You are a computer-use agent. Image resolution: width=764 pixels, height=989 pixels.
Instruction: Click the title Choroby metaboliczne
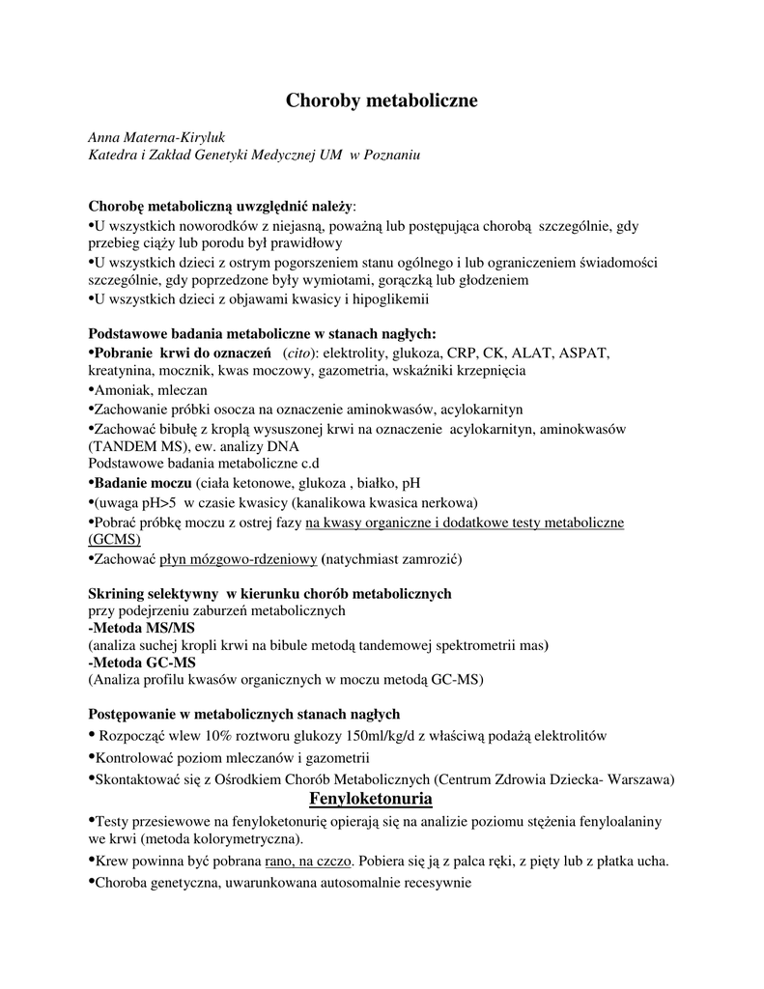point(382,100)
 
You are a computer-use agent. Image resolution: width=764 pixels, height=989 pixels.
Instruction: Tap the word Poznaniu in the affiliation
point(391,155)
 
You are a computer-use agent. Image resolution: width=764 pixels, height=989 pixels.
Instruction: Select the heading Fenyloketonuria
point(370,800)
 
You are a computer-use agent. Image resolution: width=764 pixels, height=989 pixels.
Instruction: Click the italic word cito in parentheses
point(299,353)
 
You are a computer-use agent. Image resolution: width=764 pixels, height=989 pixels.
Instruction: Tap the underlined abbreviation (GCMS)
point(114,539)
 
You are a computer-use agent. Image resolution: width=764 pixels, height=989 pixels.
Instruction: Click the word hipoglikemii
point(388,299)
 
